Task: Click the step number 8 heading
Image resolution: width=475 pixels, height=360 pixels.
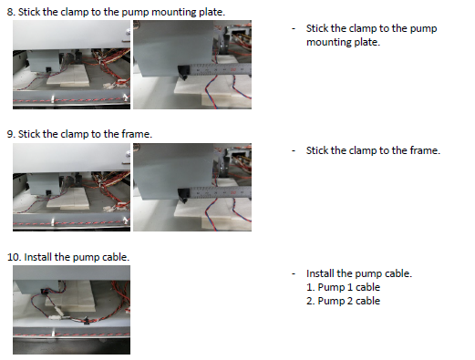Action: pos(116,12)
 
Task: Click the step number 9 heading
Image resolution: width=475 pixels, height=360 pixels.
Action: pos(79,134)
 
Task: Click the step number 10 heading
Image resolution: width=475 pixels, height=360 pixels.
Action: pos(68,257)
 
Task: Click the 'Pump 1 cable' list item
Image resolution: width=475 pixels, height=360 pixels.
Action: pos(343,287)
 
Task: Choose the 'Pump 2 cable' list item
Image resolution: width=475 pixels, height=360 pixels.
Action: pos(343,301)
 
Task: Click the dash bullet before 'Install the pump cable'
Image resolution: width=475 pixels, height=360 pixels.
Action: pos(294,273)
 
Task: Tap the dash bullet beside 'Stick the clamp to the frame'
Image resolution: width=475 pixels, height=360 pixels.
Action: pos(294,150)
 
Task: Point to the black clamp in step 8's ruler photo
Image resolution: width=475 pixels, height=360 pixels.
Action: pos(183,72)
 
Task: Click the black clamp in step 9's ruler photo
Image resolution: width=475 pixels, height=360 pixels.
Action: pos(183,195)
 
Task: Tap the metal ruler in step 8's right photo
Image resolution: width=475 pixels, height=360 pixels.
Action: pos(221,69)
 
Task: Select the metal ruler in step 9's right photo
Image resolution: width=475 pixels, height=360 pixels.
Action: pos(221,192)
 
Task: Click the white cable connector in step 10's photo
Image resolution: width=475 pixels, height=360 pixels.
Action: pos(58,313)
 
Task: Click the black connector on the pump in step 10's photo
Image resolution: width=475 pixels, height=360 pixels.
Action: pos(45,292)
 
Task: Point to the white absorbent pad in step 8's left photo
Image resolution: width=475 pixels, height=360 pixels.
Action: pos(68,77)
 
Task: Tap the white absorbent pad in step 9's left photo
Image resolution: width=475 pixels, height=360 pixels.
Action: pos(68,199)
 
